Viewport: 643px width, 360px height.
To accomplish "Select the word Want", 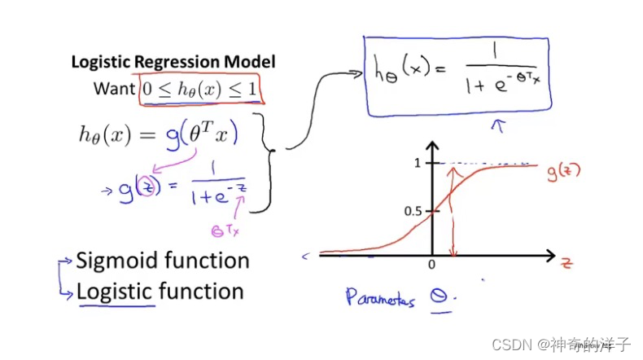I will tap(114, 89).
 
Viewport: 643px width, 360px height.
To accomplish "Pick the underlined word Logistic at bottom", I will tap(115, 292).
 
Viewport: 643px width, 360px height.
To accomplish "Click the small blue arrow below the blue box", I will tap(499, 125).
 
